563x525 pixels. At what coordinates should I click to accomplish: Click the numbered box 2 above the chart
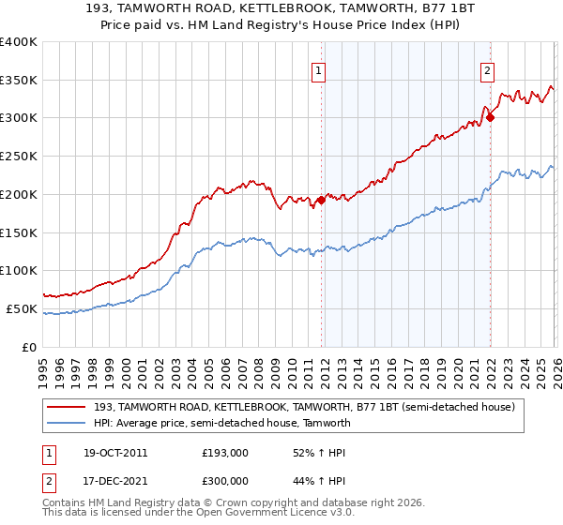(x=489, y=69)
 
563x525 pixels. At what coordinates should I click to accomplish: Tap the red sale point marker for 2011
(x=321, y=200)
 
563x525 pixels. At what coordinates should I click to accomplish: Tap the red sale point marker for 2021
(x=490, y=117)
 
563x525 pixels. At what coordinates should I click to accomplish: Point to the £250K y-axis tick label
(x=19, y=156)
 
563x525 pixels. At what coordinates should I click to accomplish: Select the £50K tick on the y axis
(x=22, y=308)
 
